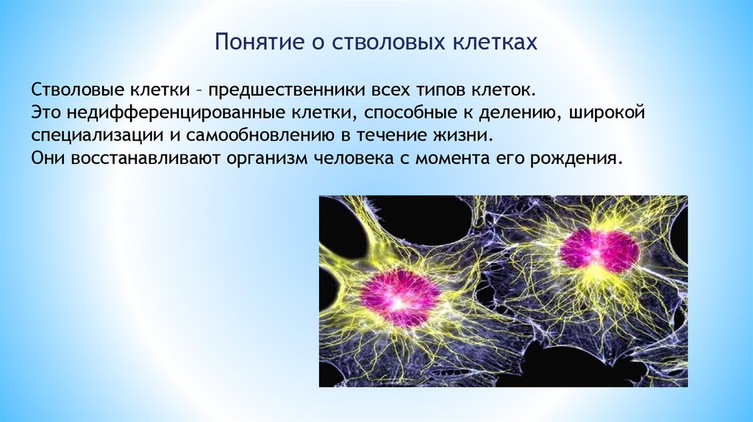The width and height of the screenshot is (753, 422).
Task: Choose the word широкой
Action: coord(607,113)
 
